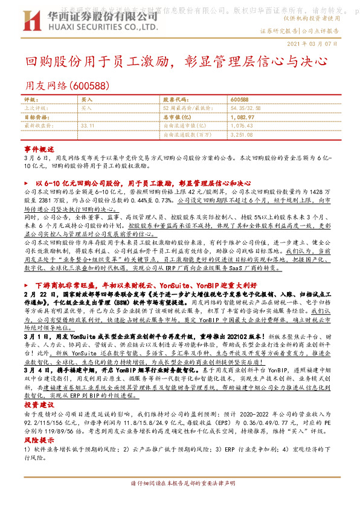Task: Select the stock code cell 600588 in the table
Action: [x=240, y=99]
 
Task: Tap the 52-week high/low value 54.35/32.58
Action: [x=245, y=108]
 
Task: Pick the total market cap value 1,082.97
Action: [x=242, y=117]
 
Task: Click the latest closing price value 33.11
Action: [x=87, y=125]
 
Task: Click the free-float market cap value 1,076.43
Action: [x=242, y=125]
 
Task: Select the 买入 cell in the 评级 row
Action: [x=87, y=99]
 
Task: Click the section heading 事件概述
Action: [x=39, y=148]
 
